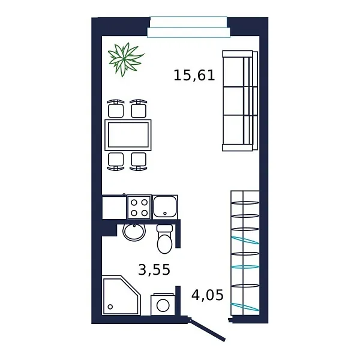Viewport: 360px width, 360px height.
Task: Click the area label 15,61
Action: pos(194,76)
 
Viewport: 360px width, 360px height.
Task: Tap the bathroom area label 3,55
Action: pos(154,270)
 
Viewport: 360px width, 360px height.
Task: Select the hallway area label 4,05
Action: pos(207,295)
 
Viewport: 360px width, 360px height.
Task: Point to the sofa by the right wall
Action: pos(238,100)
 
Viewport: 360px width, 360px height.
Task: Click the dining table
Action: pos(128,134)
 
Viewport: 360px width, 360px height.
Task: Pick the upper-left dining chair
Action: pos(115,109)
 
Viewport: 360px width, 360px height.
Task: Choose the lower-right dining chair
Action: pos(139,160)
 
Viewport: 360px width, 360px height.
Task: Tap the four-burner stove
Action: pos(139,207)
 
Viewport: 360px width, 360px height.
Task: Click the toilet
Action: pos(164,239)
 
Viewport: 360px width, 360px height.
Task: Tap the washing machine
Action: pos(163,303)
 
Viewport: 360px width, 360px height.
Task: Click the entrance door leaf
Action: pos(208,329)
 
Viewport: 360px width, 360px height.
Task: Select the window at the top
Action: pos(188,27)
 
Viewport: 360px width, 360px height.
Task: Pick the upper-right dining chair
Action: pos(139,109)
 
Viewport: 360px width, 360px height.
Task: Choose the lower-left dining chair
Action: pos(115,160)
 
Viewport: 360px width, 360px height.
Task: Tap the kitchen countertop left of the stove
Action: pos(114,207)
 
